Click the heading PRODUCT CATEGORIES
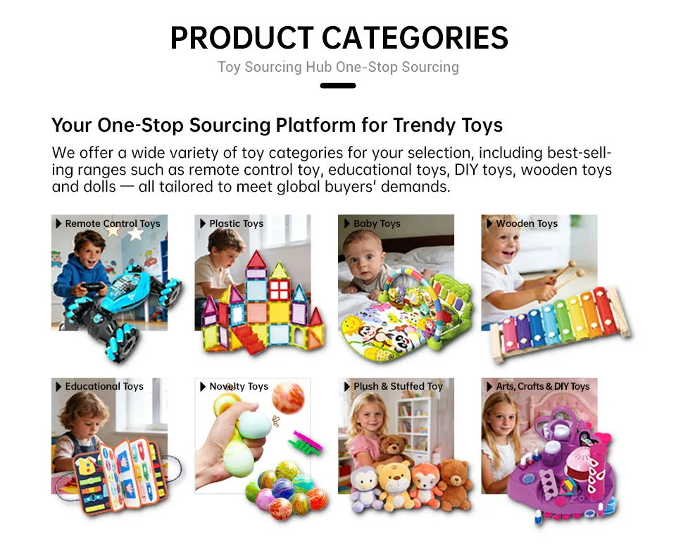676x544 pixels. click(x=339, y=38)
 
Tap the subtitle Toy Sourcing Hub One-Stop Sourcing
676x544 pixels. click(x=338, y=68)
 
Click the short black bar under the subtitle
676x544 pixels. click(x=338, y=86)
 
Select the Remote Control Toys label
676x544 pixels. click(x=113, y=223)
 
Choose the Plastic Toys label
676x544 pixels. click(x=236, y=223)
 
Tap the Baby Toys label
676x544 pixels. click(x=377, y=223)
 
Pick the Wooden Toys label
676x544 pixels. click(x=526, y=223)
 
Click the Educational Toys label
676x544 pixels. click(x=104, y=386)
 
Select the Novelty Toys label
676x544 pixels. click(x=239, y=386)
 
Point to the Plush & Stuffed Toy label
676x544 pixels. click(x=398, y=386)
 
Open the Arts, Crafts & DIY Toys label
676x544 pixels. click(x=542, y=386)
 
